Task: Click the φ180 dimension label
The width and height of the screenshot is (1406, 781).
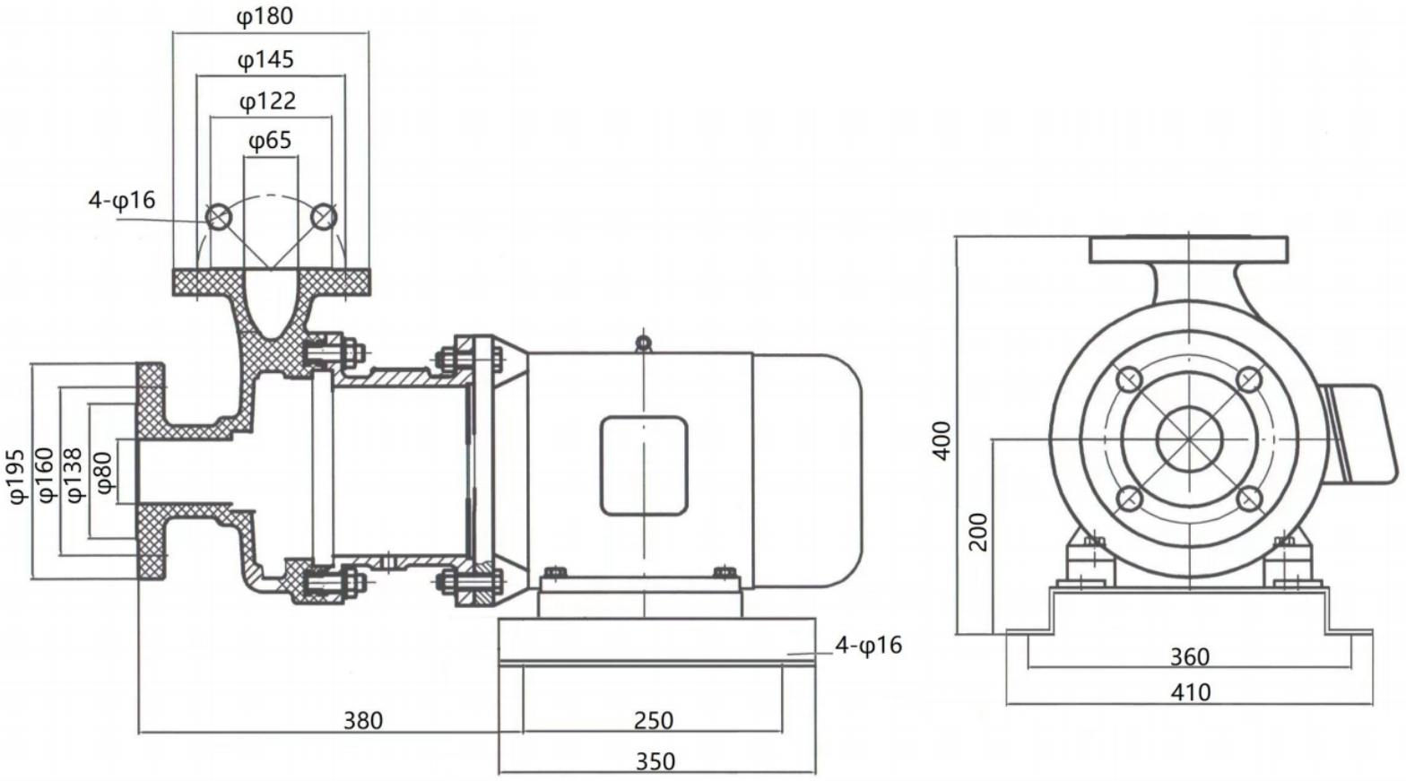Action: click(265, 16)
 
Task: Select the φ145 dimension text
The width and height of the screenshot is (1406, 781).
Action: click(265, 59)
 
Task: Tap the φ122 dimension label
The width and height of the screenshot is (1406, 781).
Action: click(267, 100)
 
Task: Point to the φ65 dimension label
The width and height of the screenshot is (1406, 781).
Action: click(269, 141)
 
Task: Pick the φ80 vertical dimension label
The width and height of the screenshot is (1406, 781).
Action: click(103, 473)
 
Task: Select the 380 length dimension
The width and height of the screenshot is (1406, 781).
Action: click(363, 720)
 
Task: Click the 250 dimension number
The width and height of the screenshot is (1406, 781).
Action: click(653, 720)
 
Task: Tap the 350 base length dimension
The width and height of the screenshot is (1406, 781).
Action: click(655, 761)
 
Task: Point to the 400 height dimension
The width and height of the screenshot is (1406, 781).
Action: click(942, 441)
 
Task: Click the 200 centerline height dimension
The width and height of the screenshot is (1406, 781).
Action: click(978, 532)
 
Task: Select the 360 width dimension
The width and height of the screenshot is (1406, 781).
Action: click(1190, 657)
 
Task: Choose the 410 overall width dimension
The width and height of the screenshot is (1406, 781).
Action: click(1190, 692)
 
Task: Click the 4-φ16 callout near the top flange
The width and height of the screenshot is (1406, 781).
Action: click(122, 200)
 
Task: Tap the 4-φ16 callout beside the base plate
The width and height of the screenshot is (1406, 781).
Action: click(868, 645)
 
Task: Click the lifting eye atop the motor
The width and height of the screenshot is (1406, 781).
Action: click(642, 342)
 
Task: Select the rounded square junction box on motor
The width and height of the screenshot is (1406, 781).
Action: click(644, 465)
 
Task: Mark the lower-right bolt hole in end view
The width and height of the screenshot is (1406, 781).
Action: click(1249, 498)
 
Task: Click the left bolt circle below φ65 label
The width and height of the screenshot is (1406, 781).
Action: click(218, 216)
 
